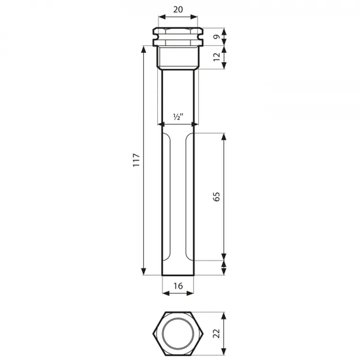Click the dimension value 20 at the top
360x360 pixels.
(178, 10)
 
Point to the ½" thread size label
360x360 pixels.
(178, 116)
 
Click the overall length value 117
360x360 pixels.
(135, 160)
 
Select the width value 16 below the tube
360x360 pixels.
(178, 286)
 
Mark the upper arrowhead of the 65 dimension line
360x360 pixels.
(225, 137)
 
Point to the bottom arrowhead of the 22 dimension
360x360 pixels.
(225, 354)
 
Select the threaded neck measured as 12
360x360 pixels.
(178, 58)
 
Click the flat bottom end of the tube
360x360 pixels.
(178, 276)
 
